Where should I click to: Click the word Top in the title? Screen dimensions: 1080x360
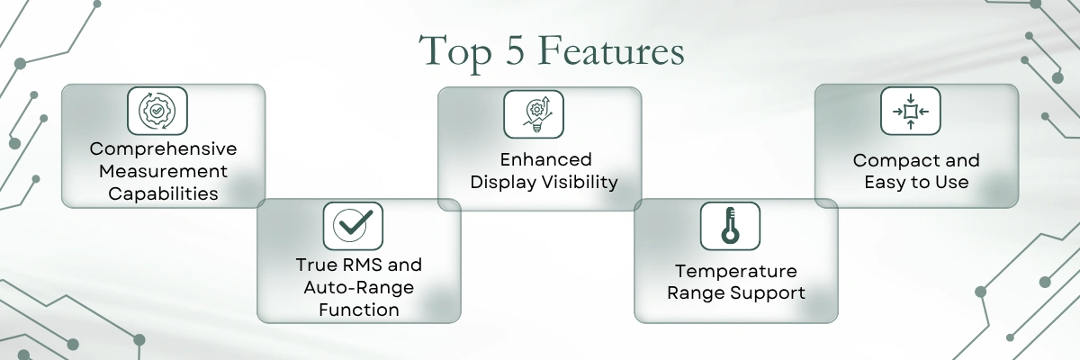click(454, 52)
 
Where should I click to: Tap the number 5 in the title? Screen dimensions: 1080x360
click(515, 49)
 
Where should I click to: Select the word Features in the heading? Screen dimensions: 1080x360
click(611, 50)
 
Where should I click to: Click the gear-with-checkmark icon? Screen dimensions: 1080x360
click(157, 111)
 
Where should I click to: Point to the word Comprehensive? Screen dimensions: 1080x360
click(163, 148)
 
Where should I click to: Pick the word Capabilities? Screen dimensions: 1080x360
click(163, 193)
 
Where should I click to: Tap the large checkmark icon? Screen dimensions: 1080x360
click(353, 226)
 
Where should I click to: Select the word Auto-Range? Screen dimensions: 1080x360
click(359, 287)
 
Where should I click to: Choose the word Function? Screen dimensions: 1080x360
click(359, 310)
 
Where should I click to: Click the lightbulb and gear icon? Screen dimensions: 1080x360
click(536, 114)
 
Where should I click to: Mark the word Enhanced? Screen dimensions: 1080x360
click(545, 159)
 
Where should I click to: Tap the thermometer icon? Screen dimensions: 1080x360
click(730, 225)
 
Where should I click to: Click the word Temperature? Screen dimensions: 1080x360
click(736, 271)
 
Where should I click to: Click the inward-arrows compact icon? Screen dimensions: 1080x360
click(910, 112)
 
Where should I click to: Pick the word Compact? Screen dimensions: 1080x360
click(886, 160)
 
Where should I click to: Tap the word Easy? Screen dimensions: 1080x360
click(886, 183)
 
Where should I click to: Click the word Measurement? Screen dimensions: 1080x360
click(163, 171)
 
